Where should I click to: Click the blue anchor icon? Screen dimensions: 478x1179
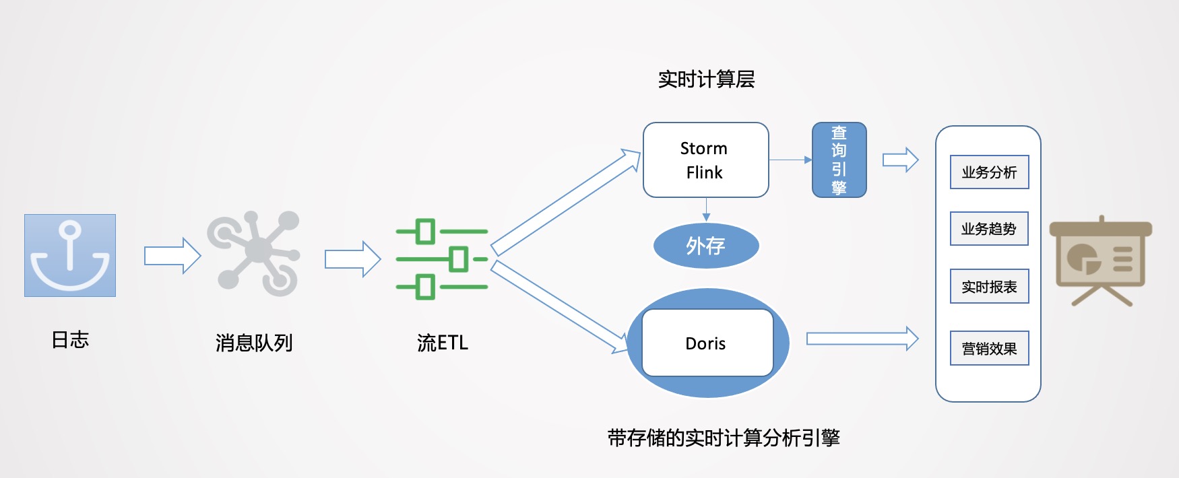[x=70, y=255]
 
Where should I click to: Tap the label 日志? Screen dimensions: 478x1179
[x=70, y=340]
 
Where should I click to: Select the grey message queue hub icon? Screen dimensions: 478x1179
[x=254, y=253]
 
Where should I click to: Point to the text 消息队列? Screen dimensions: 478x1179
[x=254, y=343]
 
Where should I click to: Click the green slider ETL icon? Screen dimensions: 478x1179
[x=442, y=259]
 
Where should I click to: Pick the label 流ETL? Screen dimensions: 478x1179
[x=442, y=343]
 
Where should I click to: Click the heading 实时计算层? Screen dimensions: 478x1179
[x=706, y=79]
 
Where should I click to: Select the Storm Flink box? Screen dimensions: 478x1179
[x=705, y=160]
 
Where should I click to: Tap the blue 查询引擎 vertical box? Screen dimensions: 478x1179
[x=839, y=160]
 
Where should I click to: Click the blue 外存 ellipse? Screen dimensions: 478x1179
[x=706, y=246]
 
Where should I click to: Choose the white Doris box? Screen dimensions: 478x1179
[x=707, y=343]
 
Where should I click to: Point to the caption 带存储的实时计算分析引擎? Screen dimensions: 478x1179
[x=724, y=438]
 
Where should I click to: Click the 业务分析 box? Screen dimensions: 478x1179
[x=989, y=172]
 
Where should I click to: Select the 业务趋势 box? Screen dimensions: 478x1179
[x=989, y=229]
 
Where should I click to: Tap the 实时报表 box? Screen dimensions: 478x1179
[x=989, y=287]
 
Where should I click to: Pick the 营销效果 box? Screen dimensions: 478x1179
[x=989, y=348]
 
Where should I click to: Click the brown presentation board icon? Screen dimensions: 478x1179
[x=1101, y=260]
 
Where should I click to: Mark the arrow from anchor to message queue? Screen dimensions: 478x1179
[x=172, y=256]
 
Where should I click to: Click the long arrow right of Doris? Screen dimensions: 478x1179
[x=862, y=339]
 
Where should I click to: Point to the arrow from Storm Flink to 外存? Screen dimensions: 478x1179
[x=706, y=209]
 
